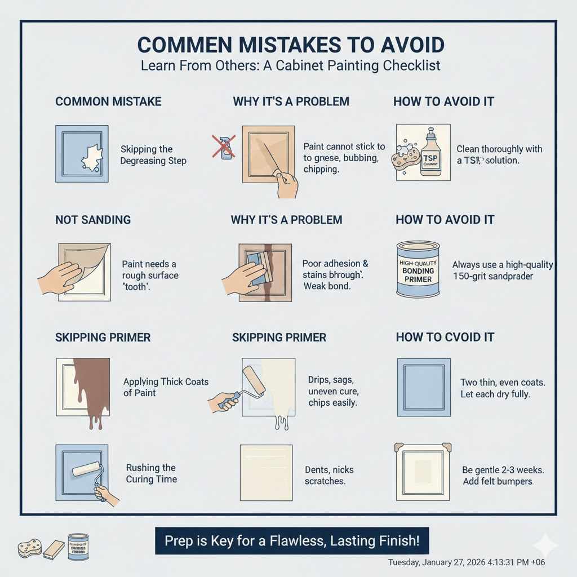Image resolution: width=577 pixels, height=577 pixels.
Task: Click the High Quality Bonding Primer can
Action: click(x=418, y=269)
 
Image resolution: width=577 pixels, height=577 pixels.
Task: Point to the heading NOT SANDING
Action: click(x=93, y=220)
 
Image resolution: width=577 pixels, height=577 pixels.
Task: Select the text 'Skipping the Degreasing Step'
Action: click(x=153, y=155)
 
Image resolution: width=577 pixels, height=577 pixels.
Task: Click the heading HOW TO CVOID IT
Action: click(x=445, y=338)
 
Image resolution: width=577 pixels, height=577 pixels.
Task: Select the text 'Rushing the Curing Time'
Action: click(x=151, y=473)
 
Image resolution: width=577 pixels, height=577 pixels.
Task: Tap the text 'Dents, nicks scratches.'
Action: click(x=329, y=476)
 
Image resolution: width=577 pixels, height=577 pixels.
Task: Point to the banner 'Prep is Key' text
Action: click(x=291, y=541)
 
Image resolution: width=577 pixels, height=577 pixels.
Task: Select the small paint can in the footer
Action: click(x=78, y=547)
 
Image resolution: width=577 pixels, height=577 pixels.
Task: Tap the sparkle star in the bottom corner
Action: click(x=545, y=545)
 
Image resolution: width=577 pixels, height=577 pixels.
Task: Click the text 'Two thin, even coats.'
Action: click(x=502, y=382)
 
